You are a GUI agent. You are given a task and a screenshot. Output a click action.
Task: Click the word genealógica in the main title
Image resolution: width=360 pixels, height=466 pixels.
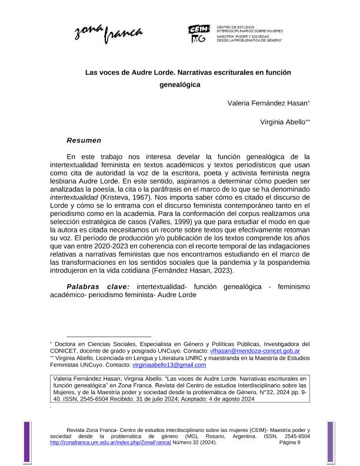[180, 84]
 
